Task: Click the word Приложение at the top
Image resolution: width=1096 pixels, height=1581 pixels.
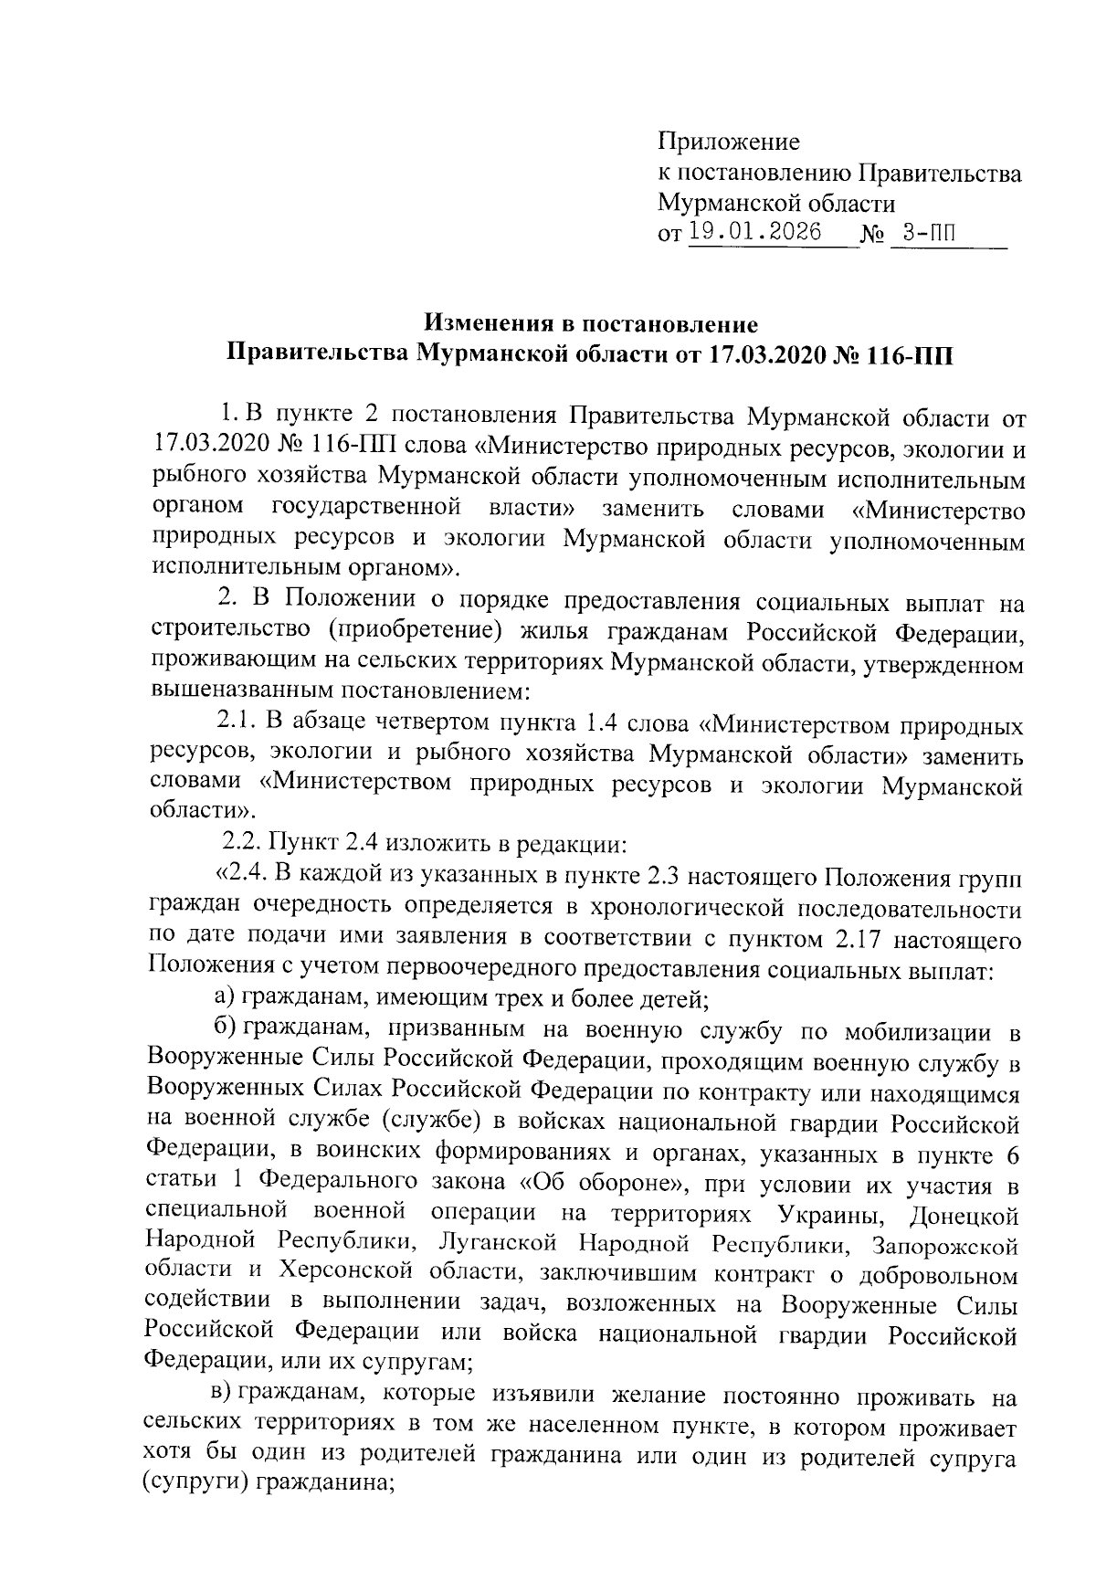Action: tap(728, 142)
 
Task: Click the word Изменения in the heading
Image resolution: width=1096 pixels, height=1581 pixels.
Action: tap(493, 323)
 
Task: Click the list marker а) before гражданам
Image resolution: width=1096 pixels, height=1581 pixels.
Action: tap(227, 997)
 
